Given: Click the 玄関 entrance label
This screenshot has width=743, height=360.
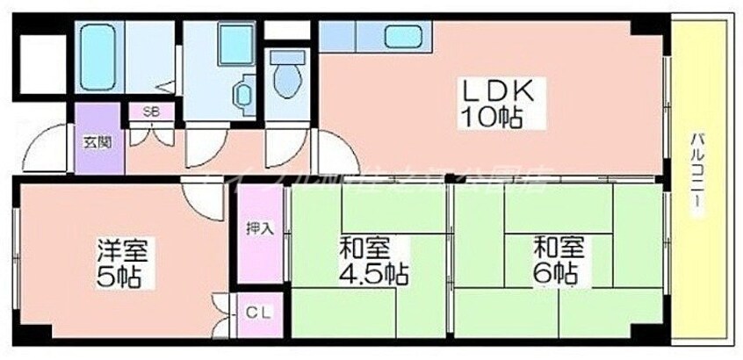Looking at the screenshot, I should (x=97, y=140).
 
